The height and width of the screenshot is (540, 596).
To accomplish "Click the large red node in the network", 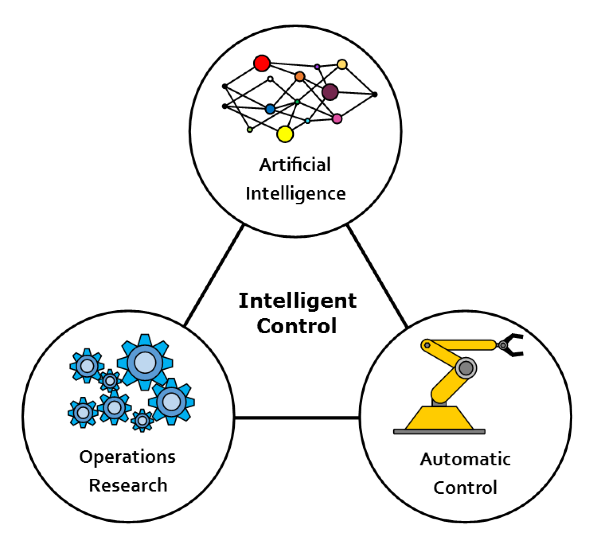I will [262, 63].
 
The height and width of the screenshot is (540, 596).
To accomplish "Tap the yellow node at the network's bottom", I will [285, 134].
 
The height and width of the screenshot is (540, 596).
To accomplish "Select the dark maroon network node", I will [330, 92].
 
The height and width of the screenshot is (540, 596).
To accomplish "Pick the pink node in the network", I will [337, 119].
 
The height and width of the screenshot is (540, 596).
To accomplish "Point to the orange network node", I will [300, 77].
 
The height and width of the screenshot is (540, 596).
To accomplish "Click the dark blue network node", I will [270, 109].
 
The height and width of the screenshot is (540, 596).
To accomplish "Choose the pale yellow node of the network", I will [342, 64].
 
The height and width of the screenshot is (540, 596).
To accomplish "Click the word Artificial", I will [295, 165].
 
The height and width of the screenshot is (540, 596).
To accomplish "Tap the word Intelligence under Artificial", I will [295, 194].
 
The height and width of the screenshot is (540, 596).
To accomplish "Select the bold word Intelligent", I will [298, 301].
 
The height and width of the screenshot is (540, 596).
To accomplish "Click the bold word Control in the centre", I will [297, 326].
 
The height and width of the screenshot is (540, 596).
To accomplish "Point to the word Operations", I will [127, 457].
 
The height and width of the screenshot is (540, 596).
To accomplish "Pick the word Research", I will [128, 485].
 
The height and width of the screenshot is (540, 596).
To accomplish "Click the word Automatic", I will [465, 459].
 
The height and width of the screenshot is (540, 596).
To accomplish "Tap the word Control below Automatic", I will [465, 488].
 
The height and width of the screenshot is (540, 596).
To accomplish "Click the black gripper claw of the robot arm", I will [514, 345].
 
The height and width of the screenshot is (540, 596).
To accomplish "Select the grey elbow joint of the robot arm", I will [466, 368].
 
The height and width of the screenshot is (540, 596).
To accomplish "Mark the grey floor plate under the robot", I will [439, 432].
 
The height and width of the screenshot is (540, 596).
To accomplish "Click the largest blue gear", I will [145, 362].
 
